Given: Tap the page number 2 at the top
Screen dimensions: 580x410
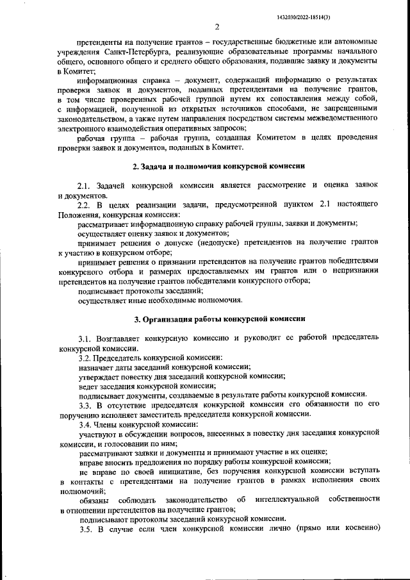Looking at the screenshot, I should [x=217, y=27].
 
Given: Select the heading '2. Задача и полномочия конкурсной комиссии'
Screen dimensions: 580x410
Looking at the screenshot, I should [x=218, y=167].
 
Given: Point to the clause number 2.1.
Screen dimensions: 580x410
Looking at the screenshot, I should [x=86, y=185].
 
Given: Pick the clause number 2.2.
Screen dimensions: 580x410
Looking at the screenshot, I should [x=86, y=204].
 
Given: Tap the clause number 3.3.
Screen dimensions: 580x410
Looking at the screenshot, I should [x=86, y=405].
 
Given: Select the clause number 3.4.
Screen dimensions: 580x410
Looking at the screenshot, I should [x=86, y=424].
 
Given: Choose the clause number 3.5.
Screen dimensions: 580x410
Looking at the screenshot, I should [x=86, y=529].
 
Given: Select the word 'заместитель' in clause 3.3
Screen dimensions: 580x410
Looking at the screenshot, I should [x=180, y=415].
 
